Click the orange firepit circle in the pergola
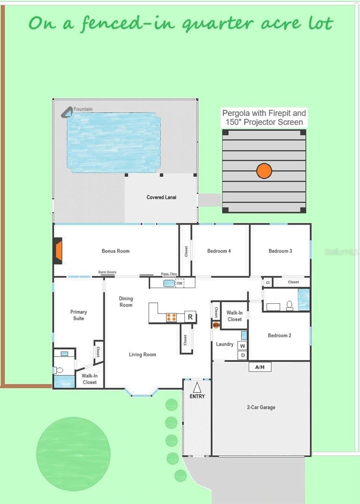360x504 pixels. click(x=264, y=171)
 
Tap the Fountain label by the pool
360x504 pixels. click(x=83, y=109)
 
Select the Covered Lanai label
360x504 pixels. click(x=161, y=197)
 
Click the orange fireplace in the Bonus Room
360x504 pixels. click(x=58, y=251)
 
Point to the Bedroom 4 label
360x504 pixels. click(x=219, y=251)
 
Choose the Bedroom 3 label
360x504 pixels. click(x=280, y=251)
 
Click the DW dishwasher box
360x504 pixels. click(x=179, y=283)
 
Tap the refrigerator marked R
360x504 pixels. click(x=190, y=317)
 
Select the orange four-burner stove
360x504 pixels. click(x=171, y=318)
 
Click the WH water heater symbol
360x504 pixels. click(x=216, y=325)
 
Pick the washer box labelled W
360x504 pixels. click(x=242, y=346)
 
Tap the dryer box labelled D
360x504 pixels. click(x=242, y=355)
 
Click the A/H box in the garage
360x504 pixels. click(x=260, y=367)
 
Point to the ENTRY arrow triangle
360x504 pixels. click(x=197, y=387)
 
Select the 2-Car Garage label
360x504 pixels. click(x=261, y=407)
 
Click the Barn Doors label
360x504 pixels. click(x=107, y=272)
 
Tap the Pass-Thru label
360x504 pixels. click(x=169, y=274)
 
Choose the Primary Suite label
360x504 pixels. click(x=79, y=315)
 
